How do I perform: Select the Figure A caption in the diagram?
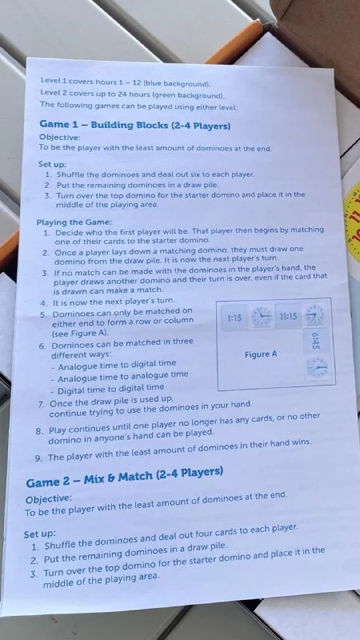tap(261, 354)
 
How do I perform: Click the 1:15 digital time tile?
tap(234, 318)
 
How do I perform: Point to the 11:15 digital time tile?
tap(289, 316)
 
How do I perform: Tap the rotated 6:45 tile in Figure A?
tap(314, 342)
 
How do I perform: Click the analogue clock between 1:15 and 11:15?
tap(262, 317)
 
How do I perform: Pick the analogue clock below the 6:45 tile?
tap(317, 367)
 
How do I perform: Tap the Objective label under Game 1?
tap(59, 138)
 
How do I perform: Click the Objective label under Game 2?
tap(49, 499)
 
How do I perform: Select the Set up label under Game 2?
tap(39, 534)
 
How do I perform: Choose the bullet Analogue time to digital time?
tap(114, 364)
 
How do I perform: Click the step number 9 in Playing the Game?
tap(38, 458)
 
